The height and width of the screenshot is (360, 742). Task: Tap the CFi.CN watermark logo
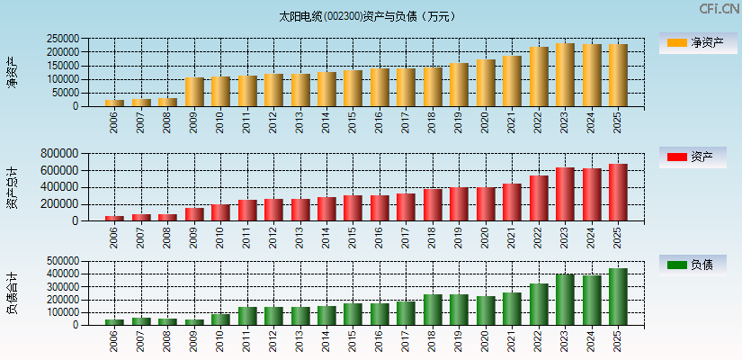719,9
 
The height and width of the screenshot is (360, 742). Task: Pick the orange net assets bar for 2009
194,92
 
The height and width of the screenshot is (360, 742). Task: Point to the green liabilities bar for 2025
618,296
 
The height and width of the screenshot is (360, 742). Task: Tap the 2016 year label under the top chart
379,122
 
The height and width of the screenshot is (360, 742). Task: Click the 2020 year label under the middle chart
485,237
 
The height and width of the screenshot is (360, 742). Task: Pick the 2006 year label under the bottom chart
114,340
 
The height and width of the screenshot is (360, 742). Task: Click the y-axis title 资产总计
12,187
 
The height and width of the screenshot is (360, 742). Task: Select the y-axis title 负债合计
12,293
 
